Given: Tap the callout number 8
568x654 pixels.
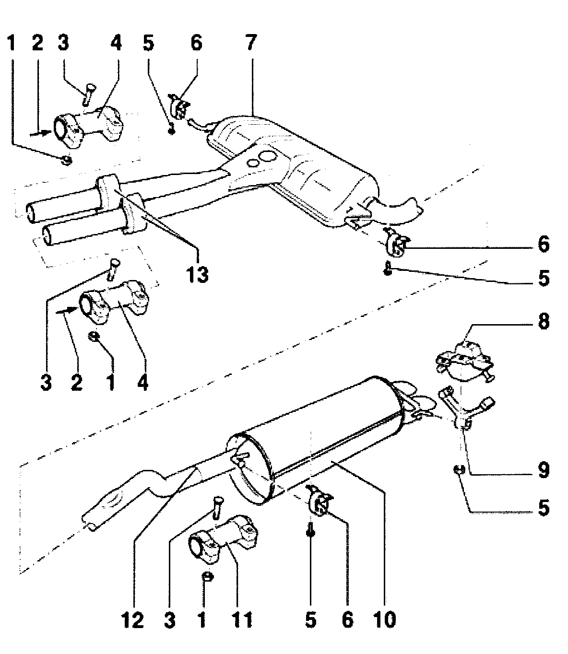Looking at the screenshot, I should point(543,321).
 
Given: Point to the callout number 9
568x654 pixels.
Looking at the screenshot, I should point(543,470).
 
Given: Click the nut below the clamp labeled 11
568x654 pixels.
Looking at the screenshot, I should point(207,575).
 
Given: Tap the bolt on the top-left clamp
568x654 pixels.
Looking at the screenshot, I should point(88,92).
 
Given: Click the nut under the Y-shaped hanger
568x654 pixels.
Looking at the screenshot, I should point(458,470).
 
